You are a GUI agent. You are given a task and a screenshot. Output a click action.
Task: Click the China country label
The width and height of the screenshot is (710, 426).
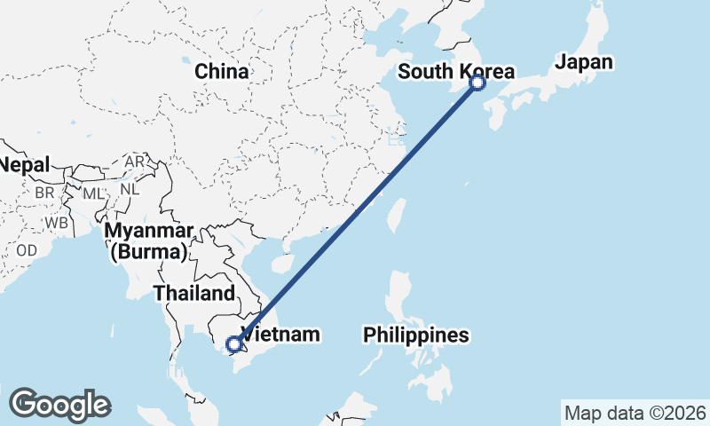pos(222,71)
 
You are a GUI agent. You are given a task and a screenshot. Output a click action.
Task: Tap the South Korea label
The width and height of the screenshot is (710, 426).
pos(455,71)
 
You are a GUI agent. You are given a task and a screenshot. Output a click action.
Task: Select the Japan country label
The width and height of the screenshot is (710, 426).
pos(584,62)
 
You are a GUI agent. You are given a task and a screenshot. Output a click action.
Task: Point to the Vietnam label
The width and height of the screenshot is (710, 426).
pos(280,335)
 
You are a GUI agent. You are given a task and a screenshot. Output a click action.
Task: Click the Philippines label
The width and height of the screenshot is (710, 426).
pos(415,335)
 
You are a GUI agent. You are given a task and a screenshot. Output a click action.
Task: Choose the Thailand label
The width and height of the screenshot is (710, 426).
pos(194,293)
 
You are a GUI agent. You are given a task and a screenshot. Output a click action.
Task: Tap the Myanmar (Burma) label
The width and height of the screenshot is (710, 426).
pos(149,241)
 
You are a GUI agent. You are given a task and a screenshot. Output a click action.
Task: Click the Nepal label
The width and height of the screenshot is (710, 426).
pos(24,164)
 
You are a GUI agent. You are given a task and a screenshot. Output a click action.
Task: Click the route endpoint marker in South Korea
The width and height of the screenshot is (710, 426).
pos(477,83)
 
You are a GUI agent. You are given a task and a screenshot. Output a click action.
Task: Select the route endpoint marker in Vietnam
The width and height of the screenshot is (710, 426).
pos(233,344)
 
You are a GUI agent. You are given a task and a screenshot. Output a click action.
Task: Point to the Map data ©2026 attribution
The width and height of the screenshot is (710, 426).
pos(635,413)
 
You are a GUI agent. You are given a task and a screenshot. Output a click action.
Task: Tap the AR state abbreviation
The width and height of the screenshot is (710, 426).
pos(135,162)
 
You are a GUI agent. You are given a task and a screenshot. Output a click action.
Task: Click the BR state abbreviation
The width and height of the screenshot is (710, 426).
pos(45,192)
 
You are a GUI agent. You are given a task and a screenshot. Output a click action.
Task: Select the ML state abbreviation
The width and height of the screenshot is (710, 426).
pos(93,192)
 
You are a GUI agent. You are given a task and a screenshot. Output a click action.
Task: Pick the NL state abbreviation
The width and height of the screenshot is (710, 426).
pos(130,189)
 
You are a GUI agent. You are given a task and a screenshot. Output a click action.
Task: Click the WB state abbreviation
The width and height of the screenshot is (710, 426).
pos(58,222)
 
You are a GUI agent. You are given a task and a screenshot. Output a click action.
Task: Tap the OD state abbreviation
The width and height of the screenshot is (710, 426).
pos(27,250)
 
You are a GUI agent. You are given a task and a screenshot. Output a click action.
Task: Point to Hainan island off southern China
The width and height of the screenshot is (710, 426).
pos(282,264)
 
